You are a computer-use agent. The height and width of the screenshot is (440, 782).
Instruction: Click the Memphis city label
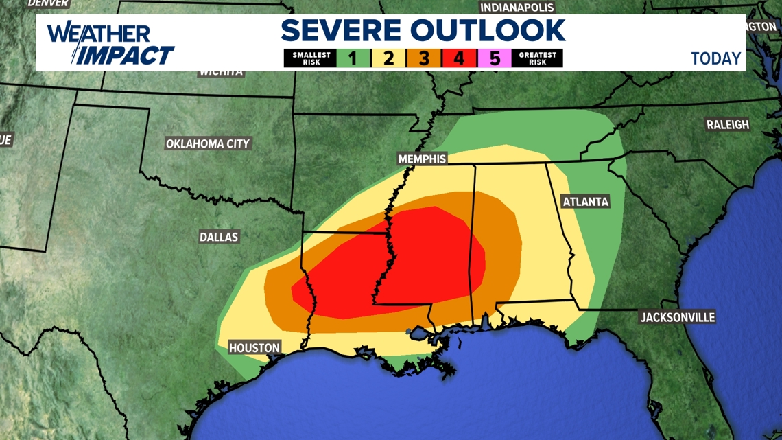(422, 159)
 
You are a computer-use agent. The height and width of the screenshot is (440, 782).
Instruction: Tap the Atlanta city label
(585, 201)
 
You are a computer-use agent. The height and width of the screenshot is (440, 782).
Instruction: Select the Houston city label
(254, 348)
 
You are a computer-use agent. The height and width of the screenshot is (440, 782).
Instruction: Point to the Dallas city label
(219, 237)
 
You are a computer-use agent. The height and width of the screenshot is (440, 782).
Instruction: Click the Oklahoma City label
(208, 143)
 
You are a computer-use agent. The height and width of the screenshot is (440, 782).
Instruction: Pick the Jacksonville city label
(677, 317)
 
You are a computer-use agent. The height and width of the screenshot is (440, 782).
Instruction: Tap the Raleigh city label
(728, 124)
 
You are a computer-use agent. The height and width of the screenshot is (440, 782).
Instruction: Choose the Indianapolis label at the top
(517, 8)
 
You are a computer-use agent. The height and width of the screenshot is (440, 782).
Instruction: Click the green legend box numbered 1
(353, 58)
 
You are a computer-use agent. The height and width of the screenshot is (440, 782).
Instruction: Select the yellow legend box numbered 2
(388, 58)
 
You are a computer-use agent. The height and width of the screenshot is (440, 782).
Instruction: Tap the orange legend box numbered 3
(423, 58)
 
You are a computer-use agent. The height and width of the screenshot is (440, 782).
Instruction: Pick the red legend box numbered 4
(459, 58)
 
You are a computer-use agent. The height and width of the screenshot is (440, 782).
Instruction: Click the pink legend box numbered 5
(494, 58)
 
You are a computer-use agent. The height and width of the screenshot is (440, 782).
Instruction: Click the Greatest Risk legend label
(537, 58)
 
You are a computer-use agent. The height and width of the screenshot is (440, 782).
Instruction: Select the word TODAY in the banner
(715, 58)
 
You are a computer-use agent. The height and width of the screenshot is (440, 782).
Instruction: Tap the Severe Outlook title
(423, 31)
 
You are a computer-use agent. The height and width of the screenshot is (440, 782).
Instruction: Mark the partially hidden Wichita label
(221, 72)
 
